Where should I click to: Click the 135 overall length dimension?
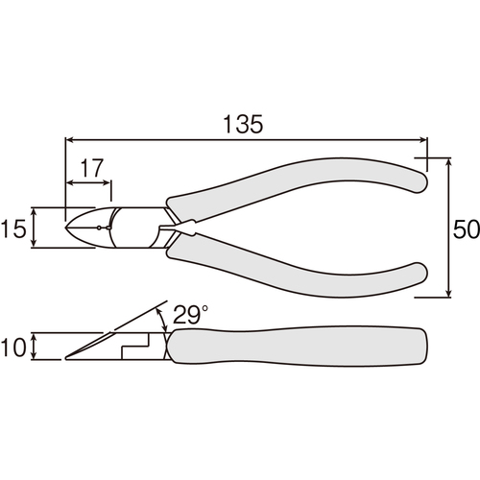click(243, 124)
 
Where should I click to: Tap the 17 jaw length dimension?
click(92, 168)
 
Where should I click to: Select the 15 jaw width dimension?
click(13, 229)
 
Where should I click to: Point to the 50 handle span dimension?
click(467, 229)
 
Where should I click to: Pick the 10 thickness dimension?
click(13, 348)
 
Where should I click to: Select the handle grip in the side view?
click(298, 347)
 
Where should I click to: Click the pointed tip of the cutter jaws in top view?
click(65, 228)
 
